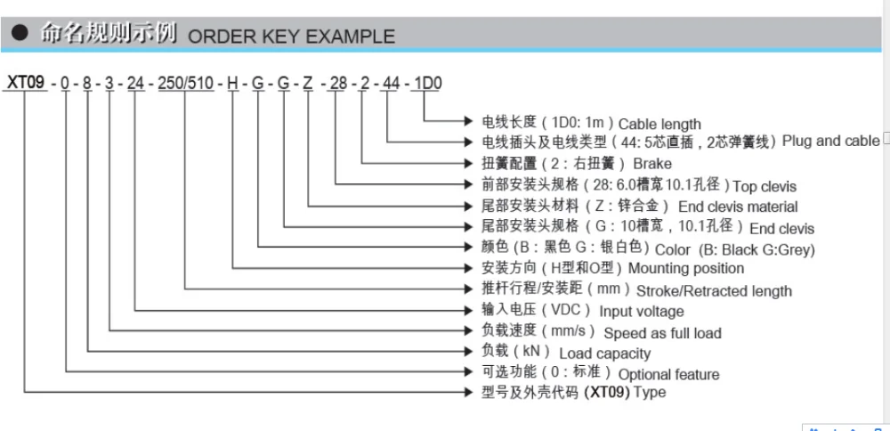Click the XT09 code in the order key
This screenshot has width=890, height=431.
(25, 84)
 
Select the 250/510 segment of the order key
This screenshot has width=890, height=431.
(185, 84)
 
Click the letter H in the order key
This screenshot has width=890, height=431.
(233, 84)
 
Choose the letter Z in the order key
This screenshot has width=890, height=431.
(307, 84)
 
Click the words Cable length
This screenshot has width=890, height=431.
(659, 124)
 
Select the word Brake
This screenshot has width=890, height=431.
(652, 164)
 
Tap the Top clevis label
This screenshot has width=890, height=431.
(765, 186)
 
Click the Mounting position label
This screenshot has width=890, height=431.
(686, 268)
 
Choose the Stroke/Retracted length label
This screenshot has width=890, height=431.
(714, 290)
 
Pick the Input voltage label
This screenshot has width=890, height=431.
(642, 311)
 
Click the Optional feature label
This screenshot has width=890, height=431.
(668, 374)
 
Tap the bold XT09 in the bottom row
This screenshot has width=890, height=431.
(605, 393)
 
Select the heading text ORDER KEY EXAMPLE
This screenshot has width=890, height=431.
(292, 37)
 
